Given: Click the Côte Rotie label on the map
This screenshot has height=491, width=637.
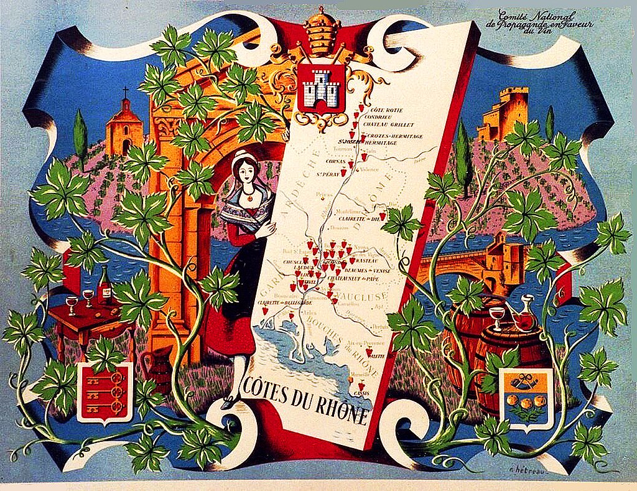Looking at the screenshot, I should click(386, 110).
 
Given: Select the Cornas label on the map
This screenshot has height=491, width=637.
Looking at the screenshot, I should click(336, 161).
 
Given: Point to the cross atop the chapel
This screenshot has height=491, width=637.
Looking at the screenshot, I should click(125, 93).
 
